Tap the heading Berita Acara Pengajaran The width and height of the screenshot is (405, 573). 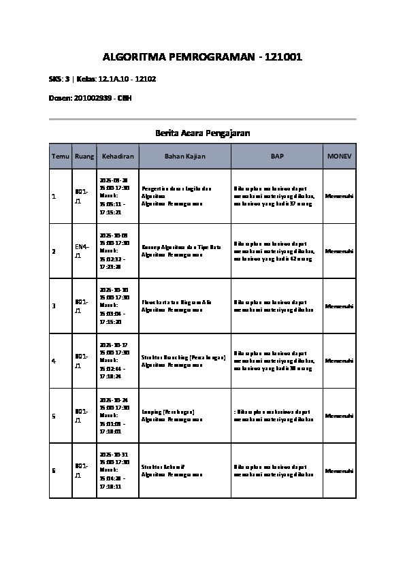pos(202,133)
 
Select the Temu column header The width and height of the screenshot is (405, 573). pos(61,157)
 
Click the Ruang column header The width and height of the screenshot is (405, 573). pos(84,157)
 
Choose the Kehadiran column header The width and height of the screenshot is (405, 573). pos(118,157)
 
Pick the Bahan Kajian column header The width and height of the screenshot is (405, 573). pos(184,157)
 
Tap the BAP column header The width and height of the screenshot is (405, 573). pos(277,157)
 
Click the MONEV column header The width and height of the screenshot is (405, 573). pos(339,157)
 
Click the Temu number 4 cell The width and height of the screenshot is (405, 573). pos(54,361)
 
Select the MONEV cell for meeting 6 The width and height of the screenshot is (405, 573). pos(339,470)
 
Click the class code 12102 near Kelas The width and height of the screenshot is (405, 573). pos(146,79)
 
